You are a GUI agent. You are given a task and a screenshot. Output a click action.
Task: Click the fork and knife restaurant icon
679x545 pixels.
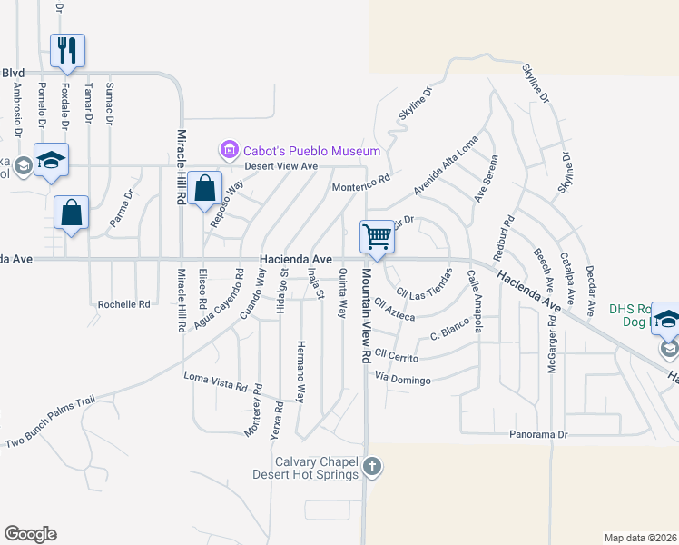(67, 50)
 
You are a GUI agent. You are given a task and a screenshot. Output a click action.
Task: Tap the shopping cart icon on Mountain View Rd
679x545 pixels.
(377, 237)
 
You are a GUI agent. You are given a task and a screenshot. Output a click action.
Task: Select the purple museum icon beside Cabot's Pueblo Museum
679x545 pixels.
(228, 149)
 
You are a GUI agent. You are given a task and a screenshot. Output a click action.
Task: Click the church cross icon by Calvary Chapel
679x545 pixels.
(370, 468)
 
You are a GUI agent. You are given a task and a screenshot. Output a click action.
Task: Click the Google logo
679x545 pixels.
(31, 534)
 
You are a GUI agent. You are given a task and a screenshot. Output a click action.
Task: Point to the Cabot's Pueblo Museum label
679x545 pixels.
(310, 151)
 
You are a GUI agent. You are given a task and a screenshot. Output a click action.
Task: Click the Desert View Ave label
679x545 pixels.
(280, 166)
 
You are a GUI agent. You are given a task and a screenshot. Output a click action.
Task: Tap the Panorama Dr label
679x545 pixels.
(537, 435)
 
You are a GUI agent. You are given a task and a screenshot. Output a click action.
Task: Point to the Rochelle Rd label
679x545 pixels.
(123, 305)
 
